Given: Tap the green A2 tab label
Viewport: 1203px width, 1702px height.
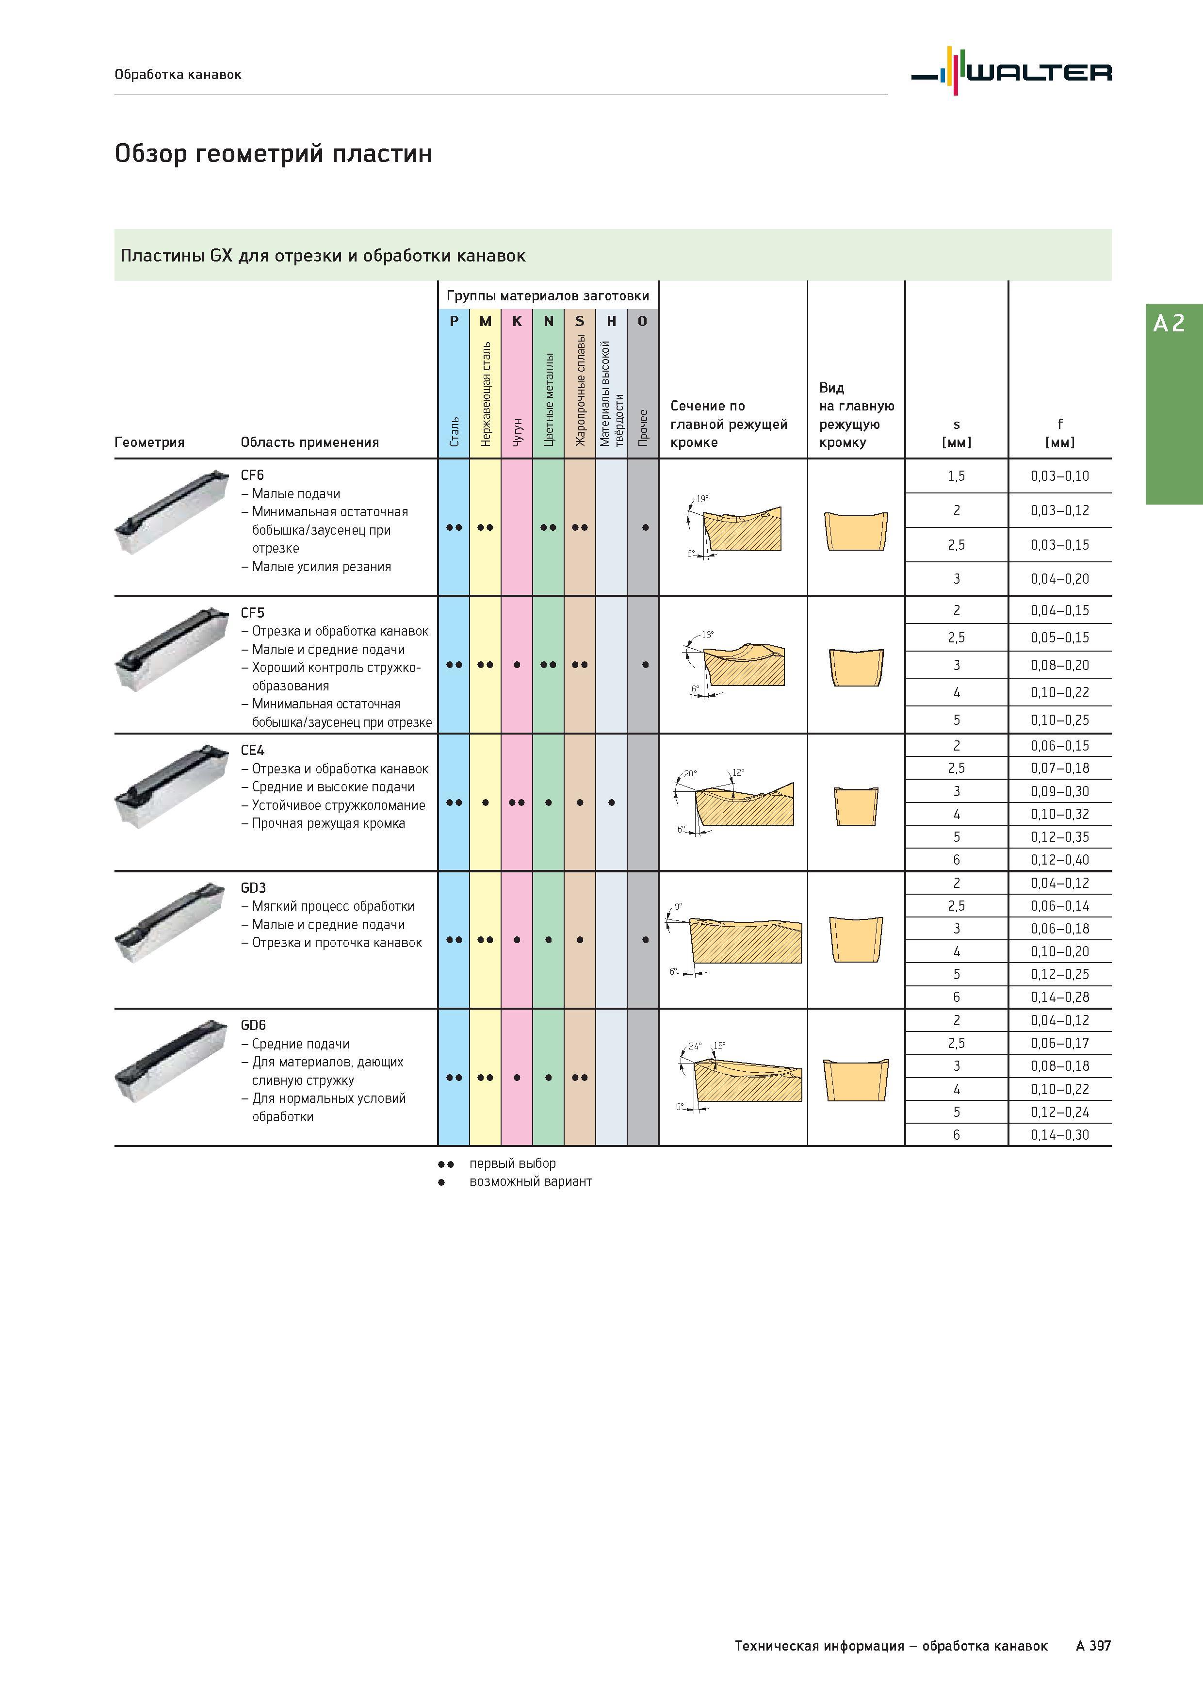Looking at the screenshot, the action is pos(1169,323).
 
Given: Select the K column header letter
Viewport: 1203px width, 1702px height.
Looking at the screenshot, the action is pos(517,321).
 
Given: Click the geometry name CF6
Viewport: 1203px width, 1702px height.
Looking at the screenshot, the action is pos(252,475).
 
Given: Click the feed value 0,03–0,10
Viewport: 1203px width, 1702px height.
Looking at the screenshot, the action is pos(1060,476).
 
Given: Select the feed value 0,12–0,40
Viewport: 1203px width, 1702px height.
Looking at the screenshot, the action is pos(1060,860).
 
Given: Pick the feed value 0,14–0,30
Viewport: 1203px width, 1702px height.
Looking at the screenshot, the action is pos(1060,1135).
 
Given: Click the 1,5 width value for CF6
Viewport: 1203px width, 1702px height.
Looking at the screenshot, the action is pos(956,476).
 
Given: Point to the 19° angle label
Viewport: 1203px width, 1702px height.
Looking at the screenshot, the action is pos(702,499).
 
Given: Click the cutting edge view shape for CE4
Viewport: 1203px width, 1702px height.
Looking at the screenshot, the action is pos(856,806).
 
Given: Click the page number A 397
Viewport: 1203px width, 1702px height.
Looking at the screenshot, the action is pos(1093,1646).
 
